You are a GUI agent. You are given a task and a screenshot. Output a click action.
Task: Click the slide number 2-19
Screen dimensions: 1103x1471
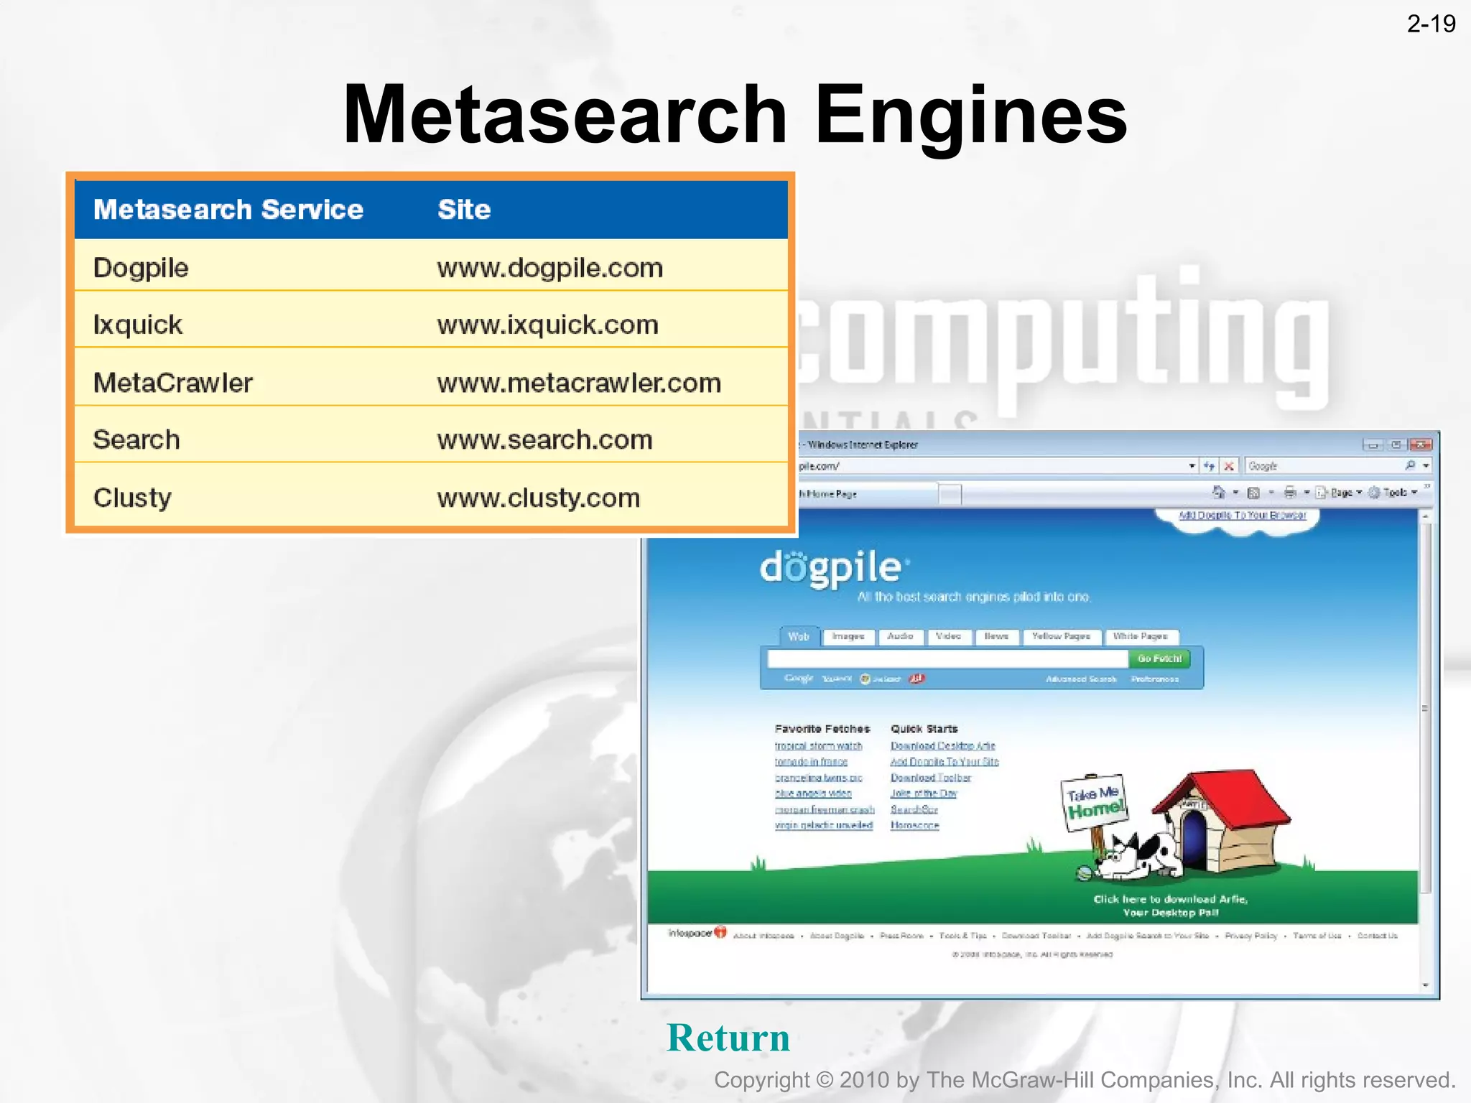pos(1431,24)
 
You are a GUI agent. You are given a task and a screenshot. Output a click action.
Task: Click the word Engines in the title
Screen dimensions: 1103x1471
pos(970,115)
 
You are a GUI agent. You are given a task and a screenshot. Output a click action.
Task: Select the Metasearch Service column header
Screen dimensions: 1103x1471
pos(228,210)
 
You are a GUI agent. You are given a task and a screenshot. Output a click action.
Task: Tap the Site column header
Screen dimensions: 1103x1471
pos(464,210)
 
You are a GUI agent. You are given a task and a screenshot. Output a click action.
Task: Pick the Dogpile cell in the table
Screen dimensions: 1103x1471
pos(141,268)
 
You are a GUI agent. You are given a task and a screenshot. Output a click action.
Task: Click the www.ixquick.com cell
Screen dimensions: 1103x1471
pos(547,325)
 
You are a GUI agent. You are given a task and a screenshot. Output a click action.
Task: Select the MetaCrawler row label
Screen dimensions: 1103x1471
pos(173,383)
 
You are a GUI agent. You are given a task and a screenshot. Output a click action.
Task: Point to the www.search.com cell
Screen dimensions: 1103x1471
pos(544,439)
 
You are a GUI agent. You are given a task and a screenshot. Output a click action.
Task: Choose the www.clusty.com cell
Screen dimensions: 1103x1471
pos(538,498)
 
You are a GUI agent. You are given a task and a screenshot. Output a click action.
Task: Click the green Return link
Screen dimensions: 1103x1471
pos(728,1038)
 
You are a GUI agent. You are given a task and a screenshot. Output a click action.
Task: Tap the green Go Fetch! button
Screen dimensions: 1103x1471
pos(1159,658)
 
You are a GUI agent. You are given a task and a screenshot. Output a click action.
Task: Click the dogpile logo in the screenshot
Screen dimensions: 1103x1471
pos(831,568)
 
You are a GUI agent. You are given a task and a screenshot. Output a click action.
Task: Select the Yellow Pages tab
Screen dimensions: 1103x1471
pos(1060,636)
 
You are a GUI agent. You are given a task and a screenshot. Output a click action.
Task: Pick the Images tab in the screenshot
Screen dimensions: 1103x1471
pos(848,636)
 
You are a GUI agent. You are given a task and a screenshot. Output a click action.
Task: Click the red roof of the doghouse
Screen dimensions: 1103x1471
pos(1221,793)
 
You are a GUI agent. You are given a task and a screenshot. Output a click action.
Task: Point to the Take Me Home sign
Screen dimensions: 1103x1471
pos(1093,803)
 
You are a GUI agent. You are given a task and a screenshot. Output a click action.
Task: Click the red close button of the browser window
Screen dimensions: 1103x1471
pos(1420,445)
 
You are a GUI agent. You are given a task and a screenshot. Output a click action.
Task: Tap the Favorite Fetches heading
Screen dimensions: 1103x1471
pos(822,729)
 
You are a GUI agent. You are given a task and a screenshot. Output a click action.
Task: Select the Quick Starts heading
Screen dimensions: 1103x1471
pos(924,729)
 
